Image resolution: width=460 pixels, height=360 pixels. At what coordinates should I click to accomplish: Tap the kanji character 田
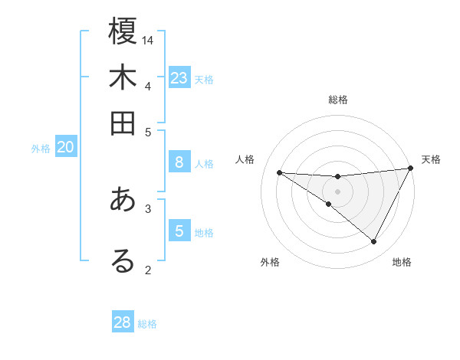[x=123, y=123]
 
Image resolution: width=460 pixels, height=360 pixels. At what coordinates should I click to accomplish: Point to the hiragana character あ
[x=123, y=200]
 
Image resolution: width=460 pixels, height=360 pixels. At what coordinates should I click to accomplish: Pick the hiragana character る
[x=123, y=260]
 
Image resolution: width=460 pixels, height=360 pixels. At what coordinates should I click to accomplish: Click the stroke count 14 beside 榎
[x=149, y=40]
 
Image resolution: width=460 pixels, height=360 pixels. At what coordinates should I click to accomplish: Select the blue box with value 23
[x=179, y=78]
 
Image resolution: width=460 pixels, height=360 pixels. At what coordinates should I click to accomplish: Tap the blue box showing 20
[x=65, y=148]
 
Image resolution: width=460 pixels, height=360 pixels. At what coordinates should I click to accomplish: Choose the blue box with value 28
[x=123, y=322]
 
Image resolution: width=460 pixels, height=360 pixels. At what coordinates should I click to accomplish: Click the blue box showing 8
[x=179, y=162]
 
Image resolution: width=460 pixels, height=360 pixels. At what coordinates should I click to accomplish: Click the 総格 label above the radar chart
[x=338, y=100]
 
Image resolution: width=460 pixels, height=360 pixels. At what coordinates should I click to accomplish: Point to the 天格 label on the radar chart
[x=431, y=159]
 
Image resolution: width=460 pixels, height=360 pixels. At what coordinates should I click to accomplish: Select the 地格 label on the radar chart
[x=402, y=262]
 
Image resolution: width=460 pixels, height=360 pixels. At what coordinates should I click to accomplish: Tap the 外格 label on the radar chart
[x=270, y=262]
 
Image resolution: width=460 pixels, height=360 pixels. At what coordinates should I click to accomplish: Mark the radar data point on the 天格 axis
[x=411, y=169]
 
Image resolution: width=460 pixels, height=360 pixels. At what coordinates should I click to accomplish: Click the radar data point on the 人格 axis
[x=280, y=172]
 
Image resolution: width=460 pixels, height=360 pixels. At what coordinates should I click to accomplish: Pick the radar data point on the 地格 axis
[x=374, y=242]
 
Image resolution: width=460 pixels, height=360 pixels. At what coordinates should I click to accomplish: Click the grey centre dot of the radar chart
[x=338, y=191]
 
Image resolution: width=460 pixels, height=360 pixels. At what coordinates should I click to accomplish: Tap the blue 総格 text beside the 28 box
[x=148, y=324]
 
